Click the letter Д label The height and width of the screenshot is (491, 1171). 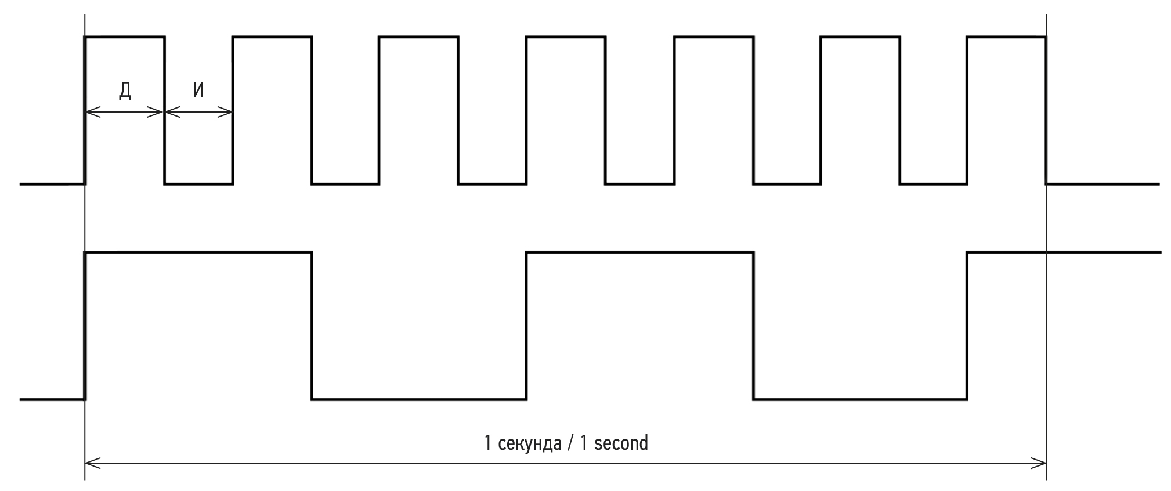pos(125,90)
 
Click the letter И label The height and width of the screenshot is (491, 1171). pos(198,90)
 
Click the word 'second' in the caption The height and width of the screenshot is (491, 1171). pos(621,443)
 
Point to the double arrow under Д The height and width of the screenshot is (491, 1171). pos(125,113)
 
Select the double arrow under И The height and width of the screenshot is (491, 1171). pos(198,113)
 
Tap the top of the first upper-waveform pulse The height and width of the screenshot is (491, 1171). pos(125,37)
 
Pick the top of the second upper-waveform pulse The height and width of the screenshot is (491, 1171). pos(272,37)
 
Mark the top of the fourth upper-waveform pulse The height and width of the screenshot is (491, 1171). pos(566,37)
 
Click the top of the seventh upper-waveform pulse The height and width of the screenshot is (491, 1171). pos(1006,37)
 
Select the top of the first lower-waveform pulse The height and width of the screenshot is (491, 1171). pos(198,252)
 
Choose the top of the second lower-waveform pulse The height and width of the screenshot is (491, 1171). pos(639,252)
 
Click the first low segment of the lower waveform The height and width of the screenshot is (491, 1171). pos(419,399)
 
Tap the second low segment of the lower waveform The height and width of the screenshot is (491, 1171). pos(860,399)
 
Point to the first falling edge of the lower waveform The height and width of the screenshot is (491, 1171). pos(312,325)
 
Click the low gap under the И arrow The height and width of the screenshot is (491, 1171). pos(198,184)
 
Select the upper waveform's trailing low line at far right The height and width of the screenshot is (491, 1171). pos(1103,184)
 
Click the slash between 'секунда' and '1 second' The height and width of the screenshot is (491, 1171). pos(571,444)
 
